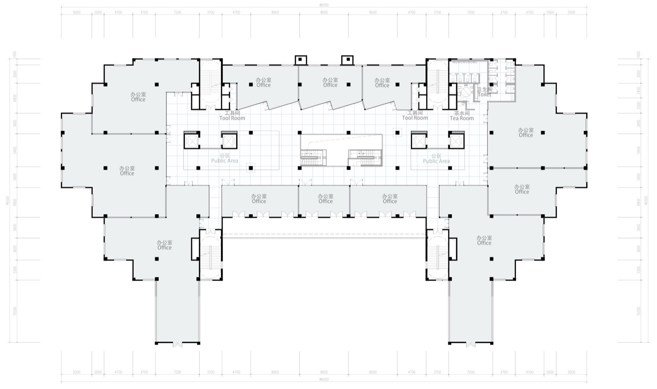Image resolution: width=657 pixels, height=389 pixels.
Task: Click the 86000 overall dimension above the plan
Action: (x=324, y=5)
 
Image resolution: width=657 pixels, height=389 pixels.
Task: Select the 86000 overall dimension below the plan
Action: (x=324, y=380)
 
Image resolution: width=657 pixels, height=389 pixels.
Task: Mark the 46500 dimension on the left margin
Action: (x=7, y=201)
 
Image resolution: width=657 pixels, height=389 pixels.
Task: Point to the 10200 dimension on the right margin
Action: (x=639, y=311)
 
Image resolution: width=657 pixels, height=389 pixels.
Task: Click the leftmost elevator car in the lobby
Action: (x=192, y=141)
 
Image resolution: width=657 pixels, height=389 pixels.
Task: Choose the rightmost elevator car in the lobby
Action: (x=456, y=141)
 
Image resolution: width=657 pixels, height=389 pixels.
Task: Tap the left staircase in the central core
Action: (x=313, y=157)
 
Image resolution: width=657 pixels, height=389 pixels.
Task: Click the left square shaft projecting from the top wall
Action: (x=301, y=60)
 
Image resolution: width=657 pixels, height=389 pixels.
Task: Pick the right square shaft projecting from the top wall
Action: (x=348, y=60)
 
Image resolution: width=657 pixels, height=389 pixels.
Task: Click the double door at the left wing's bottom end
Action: (x=178, y=344)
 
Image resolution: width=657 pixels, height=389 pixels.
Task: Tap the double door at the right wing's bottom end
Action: (x=471, y=344)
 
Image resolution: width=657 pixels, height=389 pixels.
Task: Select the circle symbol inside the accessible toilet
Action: (x=465, y=93)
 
